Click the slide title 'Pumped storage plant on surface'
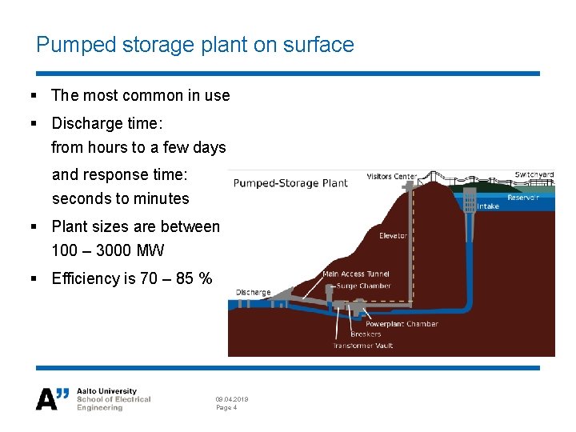pos(194,45)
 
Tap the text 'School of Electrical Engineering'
pos(113,403)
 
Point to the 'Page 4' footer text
pos(226,408)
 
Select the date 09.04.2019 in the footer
pos(232,399)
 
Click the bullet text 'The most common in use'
pos(140,96)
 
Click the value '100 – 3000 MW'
pos(107,251)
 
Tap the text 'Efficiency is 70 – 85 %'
pos(131,279)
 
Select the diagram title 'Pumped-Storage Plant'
pos(290,183)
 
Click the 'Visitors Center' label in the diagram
pos(392,177)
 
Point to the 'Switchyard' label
pos(534,174)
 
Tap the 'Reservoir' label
pos(523,198)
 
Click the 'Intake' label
pos(488,206)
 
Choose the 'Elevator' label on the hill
pos(393,236)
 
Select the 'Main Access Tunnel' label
pos(355,274)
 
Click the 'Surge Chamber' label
pos(364,286)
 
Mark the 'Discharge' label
pos(253,293)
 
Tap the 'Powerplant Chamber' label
pos(399,324)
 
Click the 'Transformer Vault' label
pos(363,346)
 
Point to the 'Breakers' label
pos(366,334)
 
